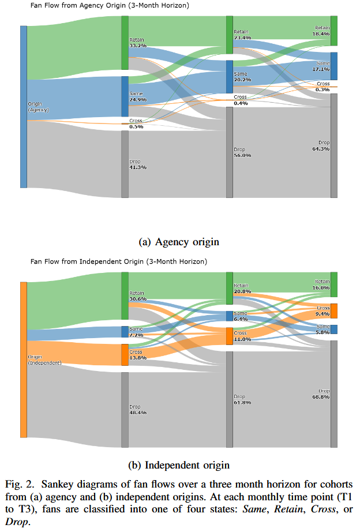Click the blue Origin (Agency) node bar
[24, 107]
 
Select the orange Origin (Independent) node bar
[24, 359]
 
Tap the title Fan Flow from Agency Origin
[110, 6]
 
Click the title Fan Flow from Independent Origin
[118, 262]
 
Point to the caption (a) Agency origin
[180, 241]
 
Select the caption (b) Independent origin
[180, 465]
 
